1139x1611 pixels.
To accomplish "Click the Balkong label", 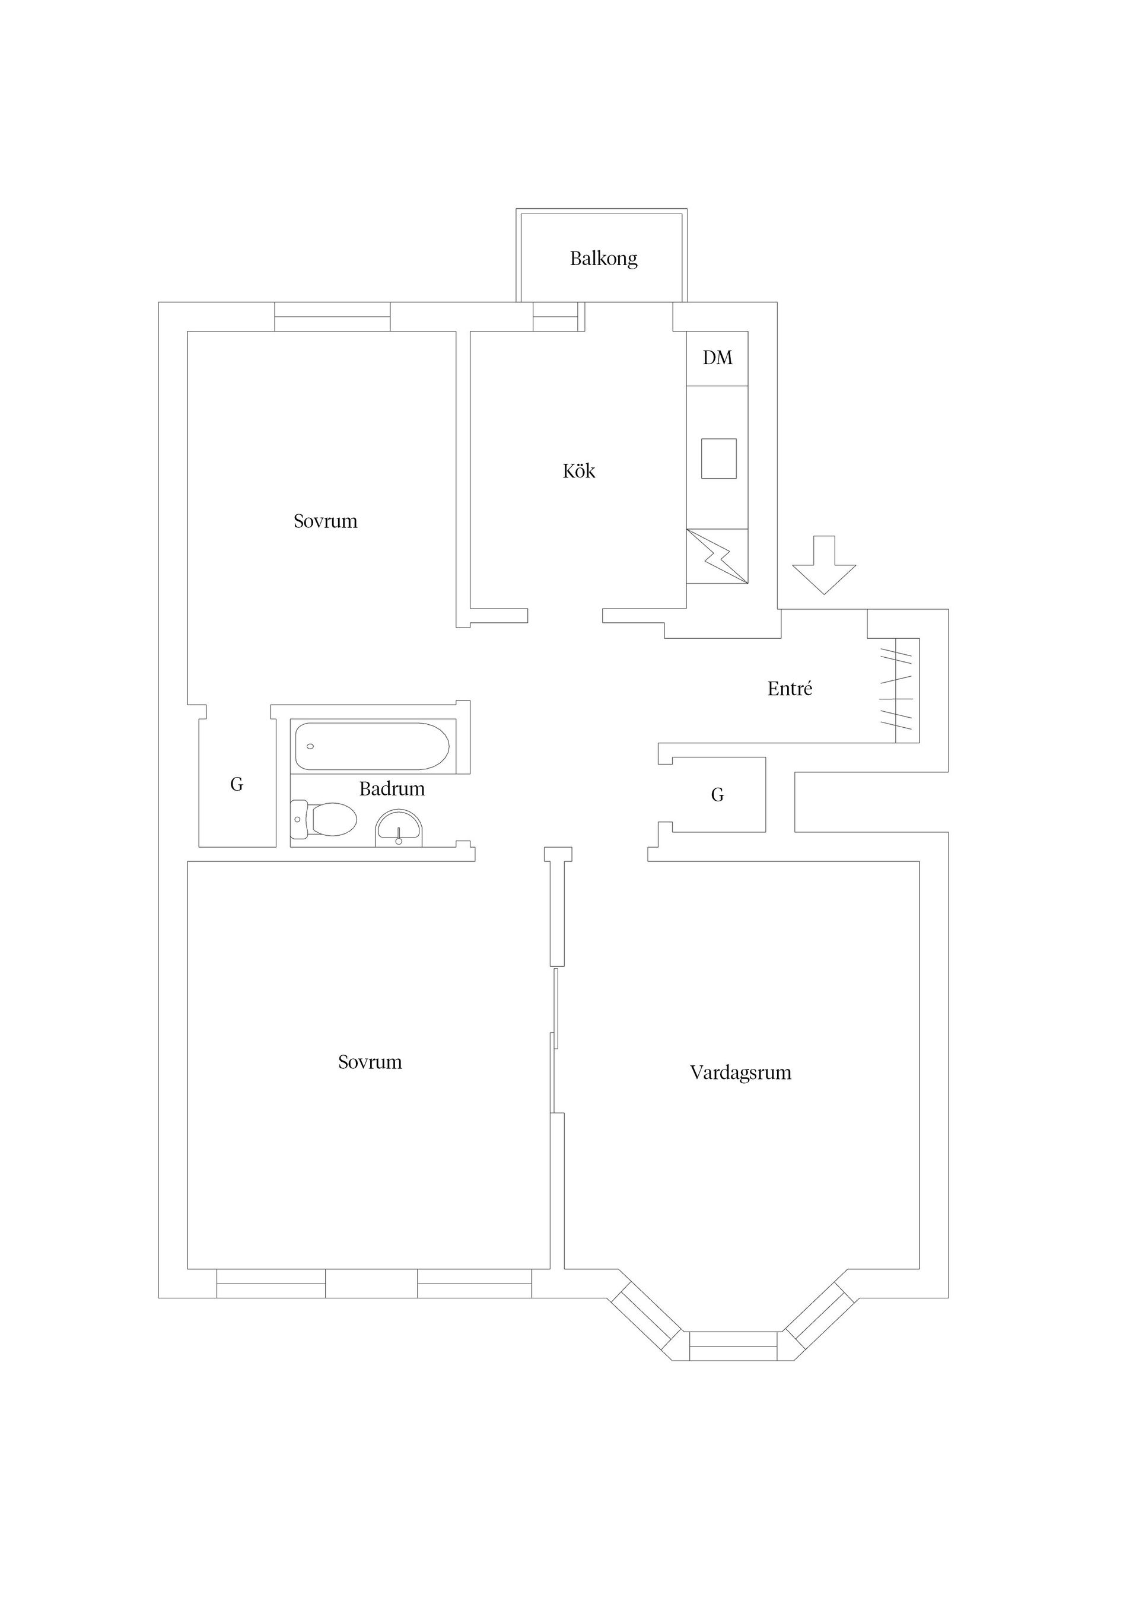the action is (603, 259).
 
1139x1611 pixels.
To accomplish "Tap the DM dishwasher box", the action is (717, 358).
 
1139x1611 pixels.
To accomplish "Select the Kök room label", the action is (579, 471).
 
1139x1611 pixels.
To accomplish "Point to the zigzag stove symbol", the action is (717, 556).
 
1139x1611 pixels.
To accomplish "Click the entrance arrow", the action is (824, 565).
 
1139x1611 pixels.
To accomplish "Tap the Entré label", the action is (790, 689).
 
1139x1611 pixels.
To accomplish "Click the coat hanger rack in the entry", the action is (898, 690).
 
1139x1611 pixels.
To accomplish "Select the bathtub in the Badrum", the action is (372, 747).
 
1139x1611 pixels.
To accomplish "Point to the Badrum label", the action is (392, 789).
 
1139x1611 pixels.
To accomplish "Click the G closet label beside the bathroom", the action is (237, 785).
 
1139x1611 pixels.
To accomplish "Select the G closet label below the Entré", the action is (717, 795).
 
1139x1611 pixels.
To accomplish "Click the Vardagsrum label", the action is (740, 1073).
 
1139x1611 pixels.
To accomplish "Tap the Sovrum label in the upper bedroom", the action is (326, 521).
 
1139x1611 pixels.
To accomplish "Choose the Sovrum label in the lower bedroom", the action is (370, 1062).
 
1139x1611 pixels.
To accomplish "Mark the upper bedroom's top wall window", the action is (332, 317).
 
